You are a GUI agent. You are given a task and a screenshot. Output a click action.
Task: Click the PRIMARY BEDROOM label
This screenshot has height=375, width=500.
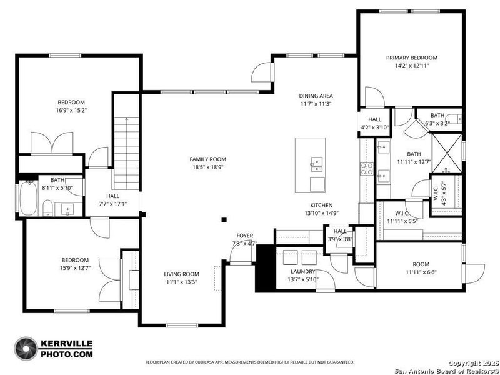click(x=411, y=57)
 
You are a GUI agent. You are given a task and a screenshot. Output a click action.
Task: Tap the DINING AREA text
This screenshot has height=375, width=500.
click(x=315, y=96)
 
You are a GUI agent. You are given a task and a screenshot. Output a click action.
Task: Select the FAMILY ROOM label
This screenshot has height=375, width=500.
click(x=207, y=159)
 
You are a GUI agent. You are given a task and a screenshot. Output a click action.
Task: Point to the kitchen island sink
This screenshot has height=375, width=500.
click(x=316, y=164)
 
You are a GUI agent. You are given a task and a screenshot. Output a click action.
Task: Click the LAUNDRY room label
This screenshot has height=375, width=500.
click(x=302, y=272)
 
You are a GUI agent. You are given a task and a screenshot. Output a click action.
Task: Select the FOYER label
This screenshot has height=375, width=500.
click(x=244, y=236)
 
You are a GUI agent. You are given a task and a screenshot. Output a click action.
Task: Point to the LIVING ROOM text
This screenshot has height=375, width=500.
click(x=181, y=274)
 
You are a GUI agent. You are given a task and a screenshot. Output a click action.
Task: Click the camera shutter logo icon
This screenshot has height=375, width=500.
click(x=26, y=349)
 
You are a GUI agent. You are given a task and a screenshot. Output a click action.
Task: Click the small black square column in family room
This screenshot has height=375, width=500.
click(x=224, y=219)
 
